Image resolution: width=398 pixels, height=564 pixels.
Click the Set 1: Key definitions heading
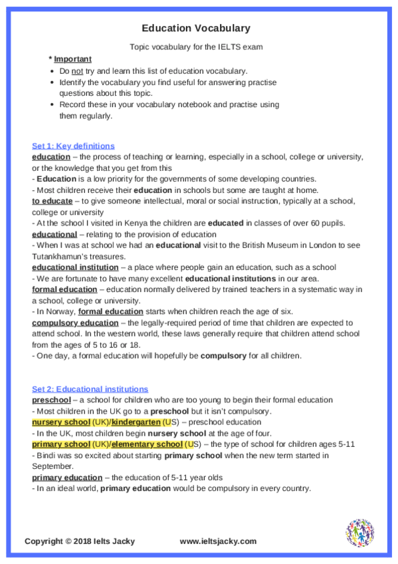pyautogui.click(x=73, y=146)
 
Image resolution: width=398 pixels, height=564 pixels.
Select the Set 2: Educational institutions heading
pyautogui.click(x=90, y=388)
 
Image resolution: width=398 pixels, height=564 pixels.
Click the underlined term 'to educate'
pyautogui.click(x=52, y=200)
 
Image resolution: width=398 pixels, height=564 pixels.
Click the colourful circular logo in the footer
pyautogui.click(x=359, y=533)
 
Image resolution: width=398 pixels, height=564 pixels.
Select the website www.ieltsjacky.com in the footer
pyautogui.click(x=218, y=541)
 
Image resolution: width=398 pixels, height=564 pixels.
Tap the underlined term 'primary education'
pyautogui.click(x=67, y=477)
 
